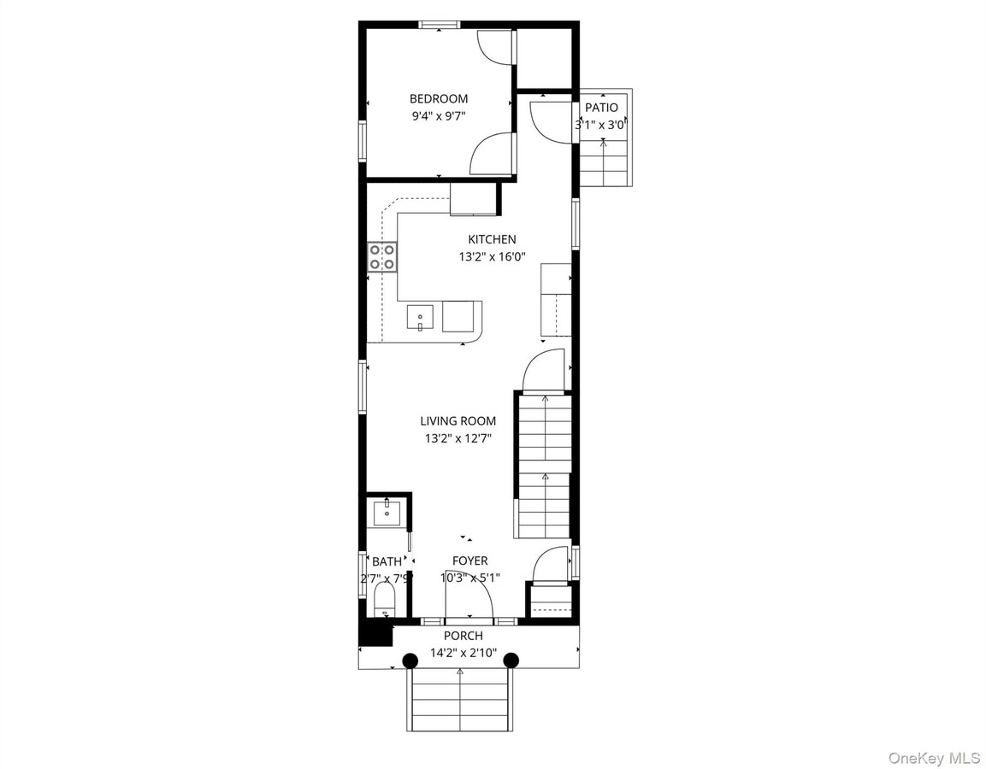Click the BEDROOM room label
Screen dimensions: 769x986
(438, 98)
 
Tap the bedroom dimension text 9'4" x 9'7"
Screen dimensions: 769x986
(438, 115)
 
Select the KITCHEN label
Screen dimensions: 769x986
(491, 239)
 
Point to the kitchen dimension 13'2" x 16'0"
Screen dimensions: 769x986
(491, 255)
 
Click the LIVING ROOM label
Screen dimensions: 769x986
(458, 421)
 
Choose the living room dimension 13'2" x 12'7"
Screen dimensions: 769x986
(458, 438)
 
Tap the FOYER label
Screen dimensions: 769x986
(469, 561)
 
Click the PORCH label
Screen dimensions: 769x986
(463, 636)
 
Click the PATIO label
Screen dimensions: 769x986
(601, 108)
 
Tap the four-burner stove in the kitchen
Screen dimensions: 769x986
(382, 257)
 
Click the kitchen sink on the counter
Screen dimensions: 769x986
(420, 318)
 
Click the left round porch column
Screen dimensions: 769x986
(410, 660)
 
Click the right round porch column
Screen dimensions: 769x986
(511, 660)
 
